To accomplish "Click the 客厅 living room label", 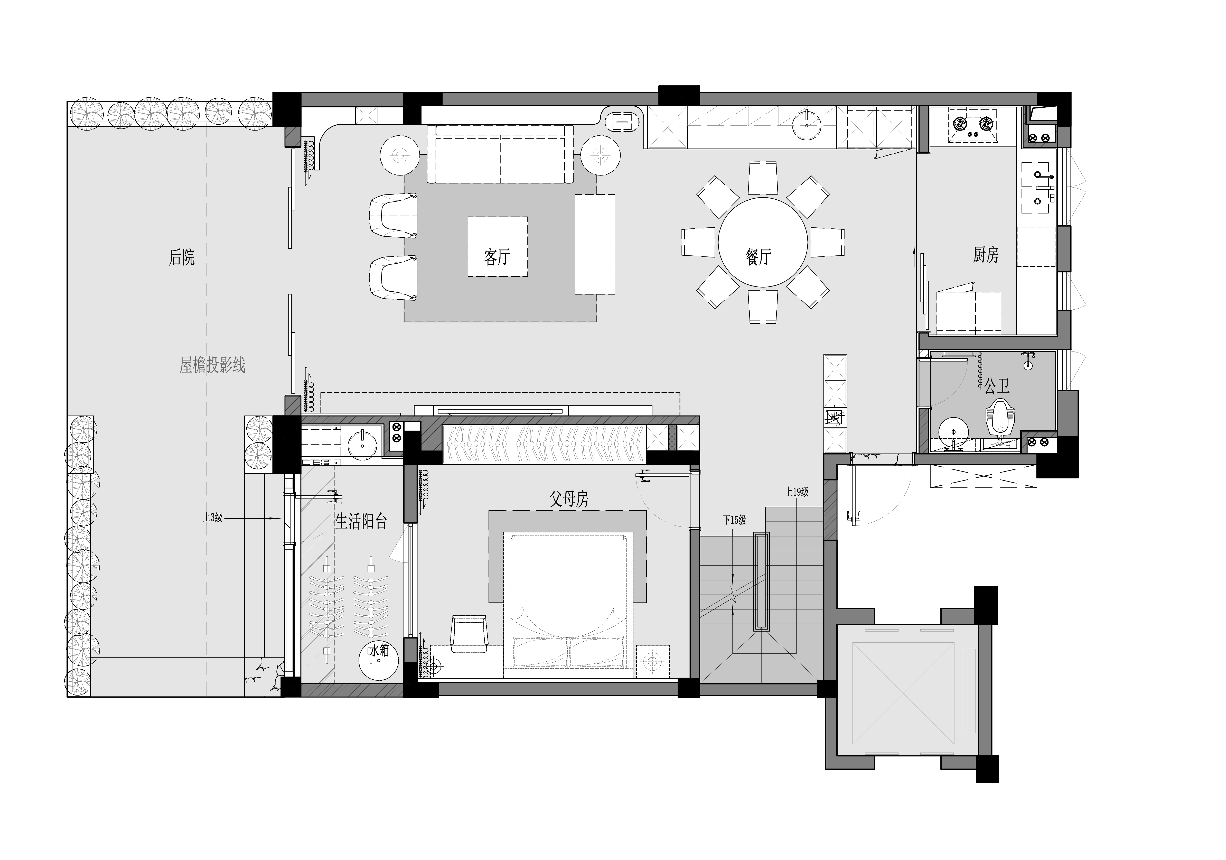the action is click(x=497, y=257).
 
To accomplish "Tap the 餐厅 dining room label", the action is click(x=758, y=257).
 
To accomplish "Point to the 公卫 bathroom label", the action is click(x=997, y=385).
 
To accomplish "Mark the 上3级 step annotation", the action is click(x=212, y=517).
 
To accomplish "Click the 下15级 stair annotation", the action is click(x=734, y=520).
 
